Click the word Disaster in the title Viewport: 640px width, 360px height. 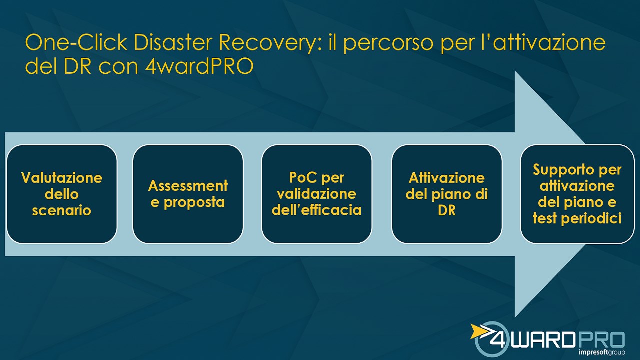(173, 42)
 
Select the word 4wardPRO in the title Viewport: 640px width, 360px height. (199, 66)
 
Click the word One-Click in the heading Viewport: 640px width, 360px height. (76, 42)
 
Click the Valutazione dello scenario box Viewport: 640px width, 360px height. (62, 194)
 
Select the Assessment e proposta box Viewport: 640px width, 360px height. (188, 194)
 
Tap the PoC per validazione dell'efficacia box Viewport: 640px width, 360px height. (317, 194)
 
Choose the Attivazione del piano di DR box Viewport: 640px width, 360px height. (447, 194)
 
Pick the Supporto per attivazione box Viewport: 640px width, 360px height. (577, 194)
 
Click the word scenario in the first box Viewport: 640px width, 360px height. (61, 211)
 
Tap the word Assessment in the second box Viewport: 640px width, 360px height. (188, 186)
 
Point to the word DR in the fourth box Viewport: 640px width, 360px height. (447, 210)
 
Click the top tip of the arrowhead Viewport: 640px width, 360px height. (515, 71)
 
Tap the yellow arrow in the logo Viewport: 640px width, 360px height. (481, 331)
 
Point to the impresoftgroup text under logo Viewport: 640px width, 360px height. (602, 352)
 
